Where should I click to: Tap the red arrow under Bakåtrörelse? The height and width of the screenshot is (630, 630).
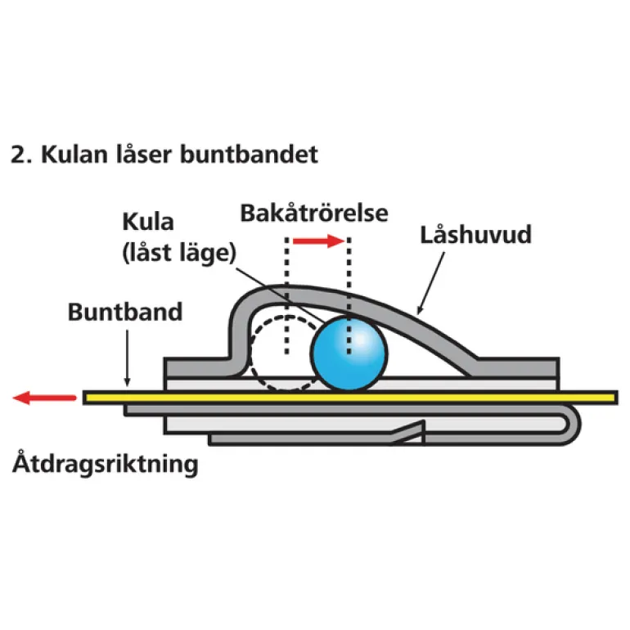(317, 241)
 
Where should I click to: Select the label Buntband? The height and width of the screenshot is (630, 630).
(125, 312)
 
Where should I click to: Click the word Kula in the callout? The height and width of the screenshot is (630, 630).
(148, 223)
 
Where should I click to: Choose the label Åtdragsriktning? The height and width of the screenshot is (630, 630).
(106, 466)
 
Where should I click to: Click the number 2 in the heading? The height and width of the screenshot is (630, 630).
(16, 155)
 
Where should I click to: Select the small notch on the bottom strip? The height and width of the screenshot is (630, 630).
(417, 427)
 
